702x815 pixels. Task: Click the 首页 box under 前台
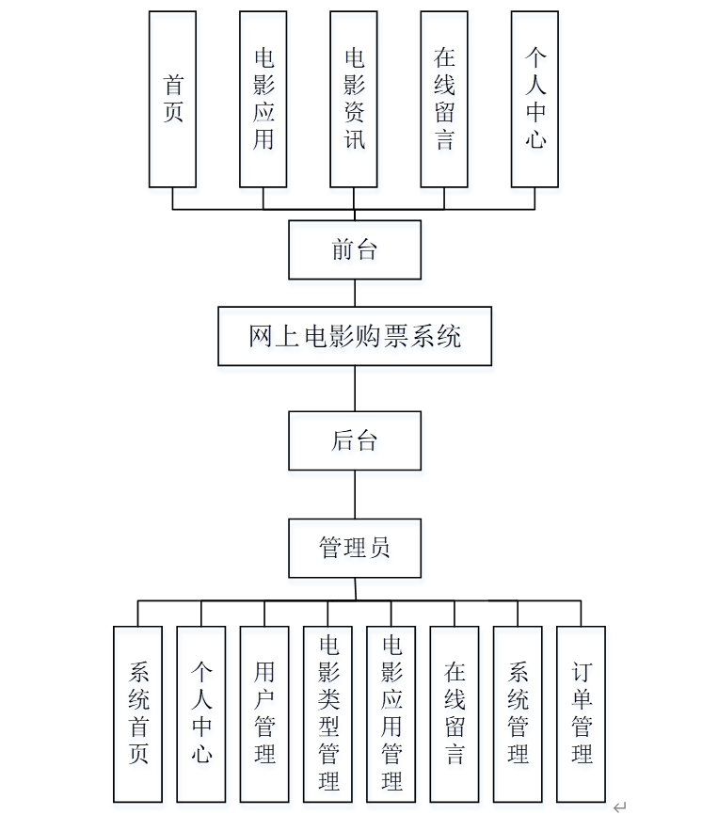click(172, 99)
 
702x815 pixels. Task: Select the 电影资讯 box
click(354, 99)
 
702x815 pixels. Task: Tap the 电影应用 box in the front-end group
click(263, 99)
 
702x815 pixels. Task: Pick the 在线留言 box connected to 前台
click(444, 99)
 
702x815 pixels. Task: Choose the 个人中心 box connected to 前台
click(534, 99)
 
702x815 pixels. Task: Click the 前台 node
click(354, 249)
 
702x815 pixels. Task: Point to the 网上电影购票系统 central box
click(354, 336)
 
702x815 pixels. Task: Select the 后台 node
click(354, 440)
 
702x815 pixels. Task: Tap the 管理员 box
click(354, 548)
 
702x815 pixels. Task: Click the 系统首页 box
click(138, 713)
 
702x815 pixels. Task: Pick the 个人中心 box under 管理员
click(201, 713)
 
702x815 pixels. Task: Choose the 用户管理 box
click(264, 713)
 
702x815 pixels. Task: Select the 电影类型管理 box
click(327, 713)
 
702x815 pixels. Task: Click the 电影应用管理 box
click(391, 713)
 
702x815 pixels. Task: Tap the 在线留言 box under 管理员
click(455, 713)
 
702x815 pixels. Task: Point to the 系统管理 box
click(518, 713)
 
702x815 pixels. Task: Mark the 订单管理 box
click(581, 713)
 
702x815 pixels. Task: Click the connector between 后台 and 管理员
click(355, 494)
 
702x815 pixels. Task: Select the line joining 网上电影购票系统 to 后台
click(355, 388)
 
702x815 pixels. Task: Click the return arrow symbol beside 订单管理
click(619, 807)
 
